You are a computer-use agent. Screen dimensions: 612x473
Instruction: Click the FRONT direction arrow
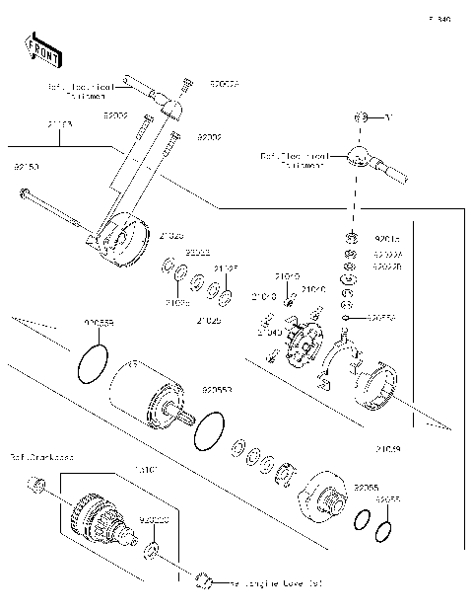pos(37,50)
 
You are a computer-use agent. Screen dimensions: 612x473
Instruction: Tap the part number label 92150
pos(26,169)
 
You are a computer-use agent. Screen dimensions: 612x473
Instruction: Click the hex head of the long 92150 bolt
pos(23,192)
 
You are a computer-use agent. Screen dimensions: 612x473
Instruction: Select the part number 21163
pos(60,125)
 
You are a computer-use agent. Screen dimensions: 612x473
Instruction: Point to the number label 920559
pos(99,323)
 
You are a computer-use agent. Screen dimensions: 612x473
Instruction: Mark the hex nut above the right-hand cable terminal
pos(361,118)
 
